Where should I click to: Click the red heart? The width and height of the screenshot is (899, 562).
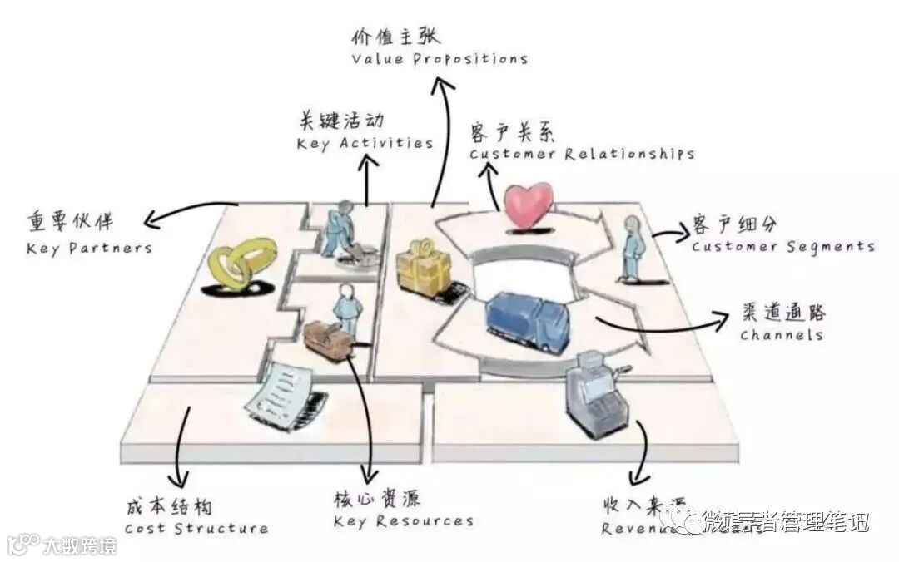click(x=529, y=205)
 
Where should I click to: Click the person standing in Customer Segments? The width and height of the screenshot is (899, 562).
click(x=633, y=248)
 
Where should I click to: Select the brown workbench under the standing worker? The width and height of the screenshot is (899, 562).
click(x=328, y=338)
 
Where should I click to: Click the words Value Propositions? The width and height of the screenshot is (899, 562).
click(x=439, y=59)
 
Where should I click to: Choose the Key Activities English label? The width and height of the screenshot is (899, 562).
click(x=365, y=143)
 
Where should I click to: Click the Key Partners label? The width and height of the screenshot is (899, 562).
click(x=89, y=248)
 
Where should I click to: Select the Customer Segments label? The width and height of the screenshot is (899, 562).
click(x=782, y=246)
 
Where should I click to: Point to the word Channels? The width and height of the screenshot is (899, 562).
click(x=781, y=335)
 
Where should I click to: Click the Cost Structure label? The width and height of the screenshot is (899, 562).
click(x=196, y=528)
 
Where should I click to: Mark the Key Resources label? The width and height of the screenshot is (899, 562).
click(x=403, y=521)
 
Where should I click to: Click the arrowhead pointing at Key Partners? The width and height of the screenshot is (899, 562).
click(x=151, y=220)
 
